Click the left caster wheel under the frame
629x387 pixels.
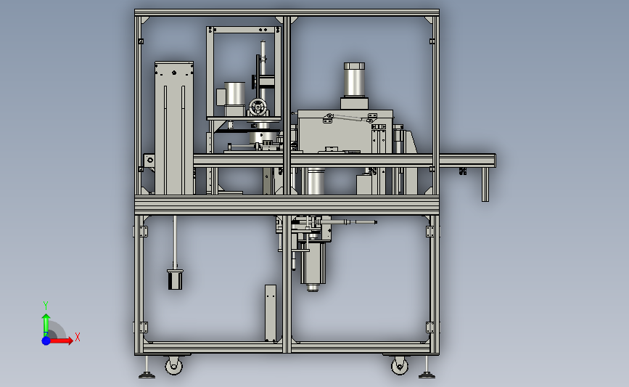point(173,366)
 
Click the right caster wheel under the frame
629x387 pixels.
point(400,366)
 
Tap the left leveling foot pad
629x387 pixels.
point(147,376)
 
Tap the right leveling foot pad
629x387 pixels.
point(427,376)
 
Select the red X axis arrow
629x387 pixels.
point(60,341)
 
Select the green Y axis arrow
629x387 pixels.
point(46,325)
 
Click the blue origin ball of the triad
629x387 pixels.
point(46,341)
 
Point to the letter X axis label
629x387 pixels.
point(78,337)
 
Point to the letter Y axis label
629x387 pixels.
point(46,306)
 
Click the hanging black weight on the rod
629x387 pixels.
point(175,280)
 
